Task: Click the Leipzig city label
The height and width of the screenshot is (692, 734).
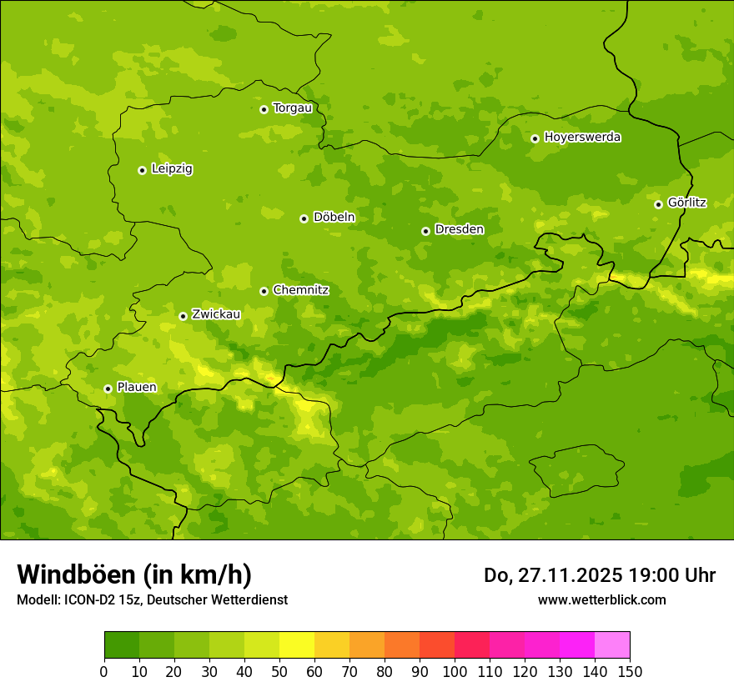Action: (x=172, y=169)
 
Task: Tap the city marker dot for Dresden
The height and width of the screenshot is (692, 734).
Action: (x=425, y=231)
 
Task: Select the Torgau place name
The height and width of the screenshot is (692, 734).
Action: (x=292, y=108)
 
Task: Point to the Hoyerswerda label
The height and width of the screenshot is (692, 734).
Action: (x=582, y=138)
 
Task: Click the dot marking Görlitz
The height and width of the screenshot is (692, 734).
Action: (x=658, y=204)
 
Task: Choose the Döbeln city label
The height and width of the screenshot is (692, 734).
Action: (x=334, y=218)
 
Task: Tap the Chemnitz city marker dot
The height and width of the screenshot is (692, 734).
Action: (x=264, y=291)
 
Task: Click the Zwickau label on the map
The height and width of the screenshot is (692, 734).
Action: (x=216, y=315)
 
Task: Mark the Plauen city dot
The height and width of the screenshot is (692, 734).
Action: (x=108, y=389)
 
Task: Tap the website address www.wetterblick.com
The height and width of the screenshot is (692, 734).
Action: (x=601, y=599)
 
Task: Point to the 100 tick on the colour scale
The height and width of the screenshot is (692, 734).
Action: (x=455, y=671)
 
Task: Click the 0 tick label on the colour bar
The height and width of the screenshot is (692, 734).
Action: (x=104, y=671)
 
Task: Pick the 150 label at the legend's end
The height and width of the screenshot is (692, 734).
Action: (x=630, y=671)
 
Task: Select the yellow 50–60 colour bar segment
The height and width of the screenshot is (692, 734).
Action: (x=297, y=645)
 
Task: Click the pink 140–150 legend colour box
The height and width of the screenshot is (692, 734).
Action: (x=612, y=645)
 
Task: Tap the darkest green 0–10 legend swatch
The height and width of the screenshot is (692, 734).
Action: (x=122, y=645)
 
